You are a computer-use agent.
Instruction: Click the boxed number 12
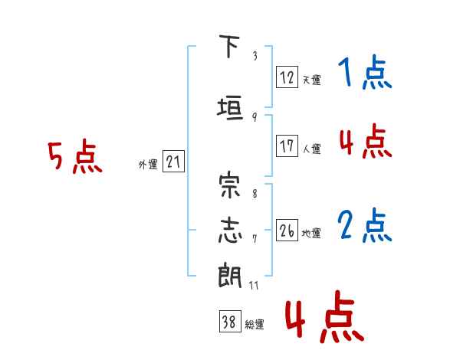pyautogui.click(x=287, y=77)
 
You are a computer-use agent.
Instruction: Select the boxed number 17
pyautogui.click(x=287, y=147)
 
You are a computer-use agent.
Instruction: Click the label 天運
pyautogui.click(x=311, y=80)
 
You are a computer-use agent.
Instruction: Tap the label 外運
pyautogui.click(x=148, y=165)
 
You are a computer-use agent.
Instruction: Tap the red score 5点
pyautogui.click(x=74, y=158)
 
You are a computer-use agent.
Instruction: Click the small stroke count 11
pyautogui.click(x=254, y=286)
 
